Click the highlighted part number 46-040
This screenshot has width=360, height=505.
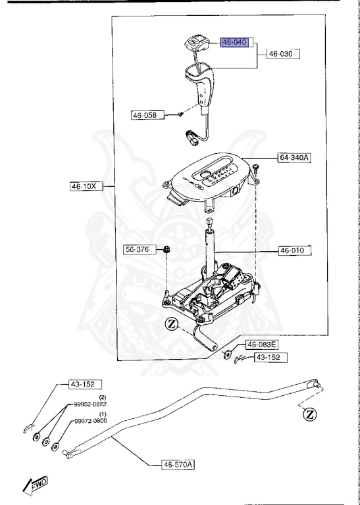pos(235,42)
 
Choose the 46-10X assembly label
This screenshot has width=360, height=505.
pos(84,186)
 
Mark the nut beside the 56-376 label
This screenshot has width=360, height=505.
pos(168,249)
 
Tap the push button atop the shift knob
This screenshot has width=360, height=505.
pos(195,43)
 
